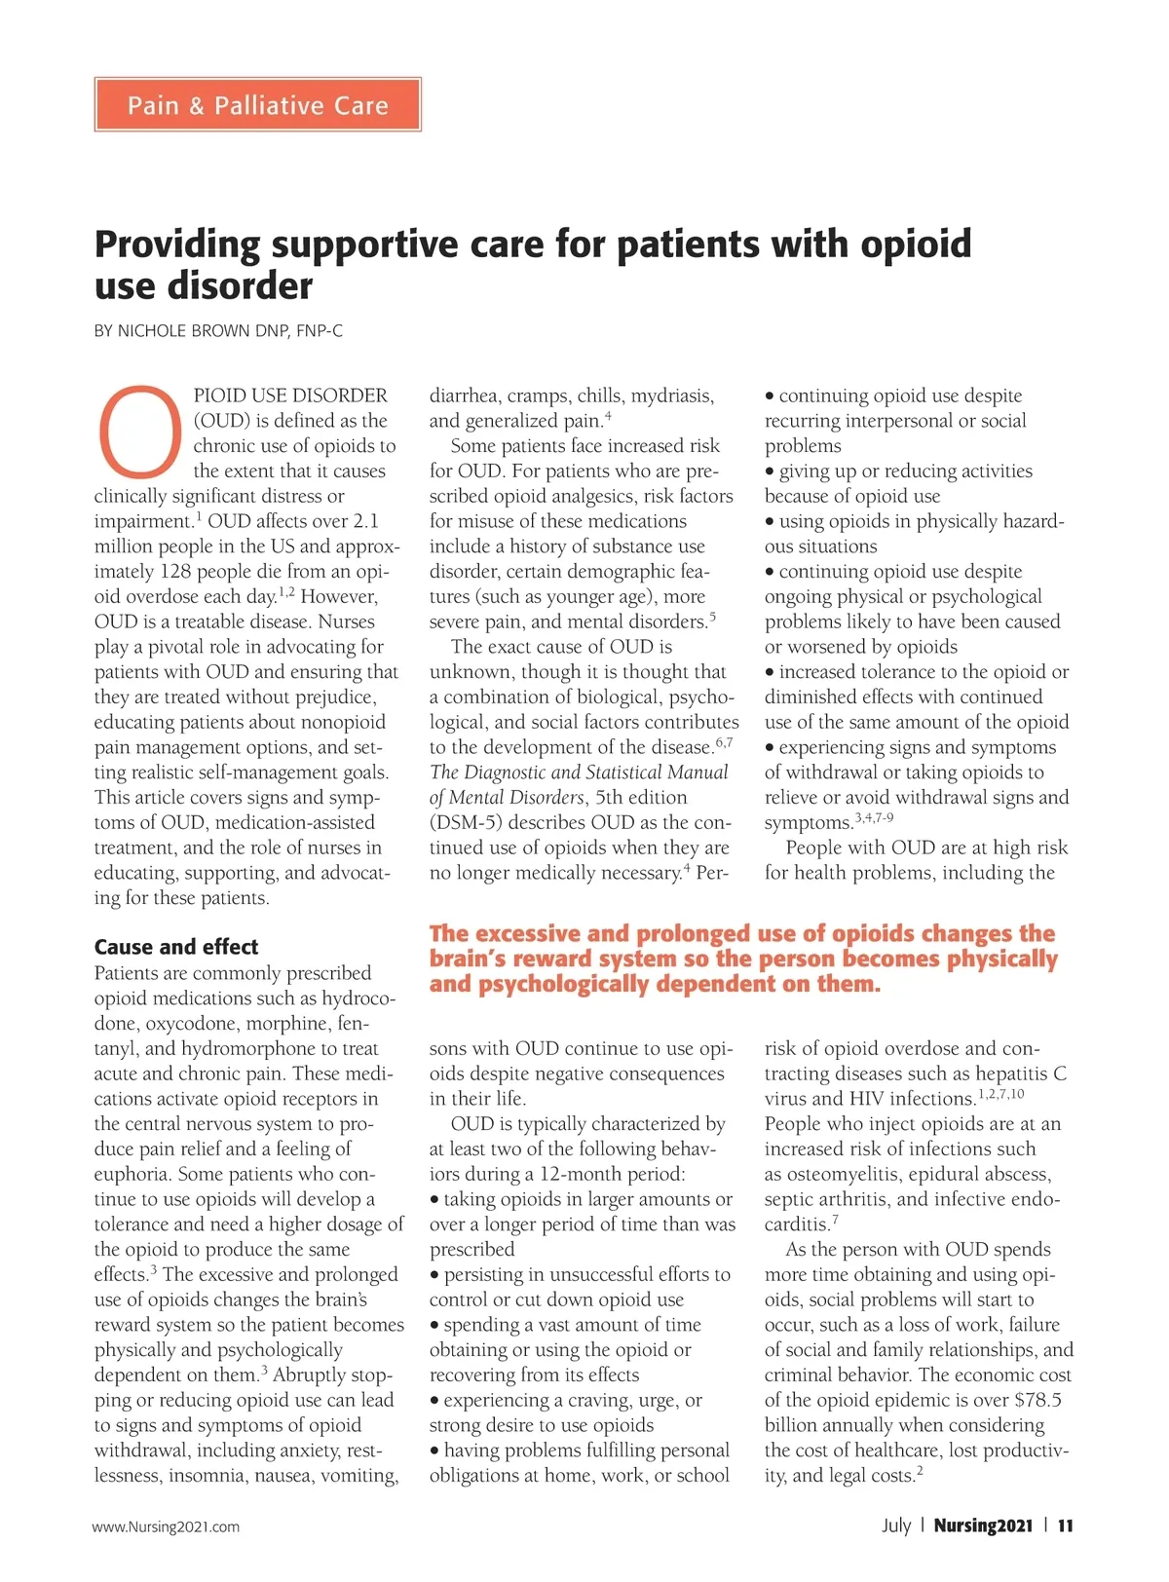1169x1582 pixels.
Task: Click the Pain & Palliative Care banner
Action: click(257, 104)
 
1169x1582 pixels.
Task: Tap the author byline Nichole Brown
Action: click(218, 331)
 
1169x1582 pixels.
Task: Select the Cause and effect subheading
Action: click(176, 947)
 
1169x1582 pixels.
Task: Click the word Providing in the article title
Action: click(177, 244)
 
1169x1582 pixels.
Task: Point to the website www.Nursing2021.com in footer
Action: click(166, 1526)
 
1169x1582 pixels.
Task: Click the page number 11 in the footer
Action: click(1065, 1525)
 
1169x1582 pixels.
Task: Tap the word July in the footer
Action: click(896, 1525)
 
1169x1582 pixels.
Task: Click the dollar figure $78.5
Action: click(1037, 1401)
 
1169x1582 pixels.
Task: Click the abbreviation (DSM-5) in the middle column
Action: click(469, 823)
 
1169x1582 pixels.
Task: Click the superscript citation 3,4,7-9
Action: click(874, 817)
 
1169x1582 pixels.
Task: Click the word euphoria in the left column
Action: click(133, 1175)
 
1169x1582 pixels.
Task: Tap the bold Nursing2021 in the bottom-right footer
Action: click(983, 1525)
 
